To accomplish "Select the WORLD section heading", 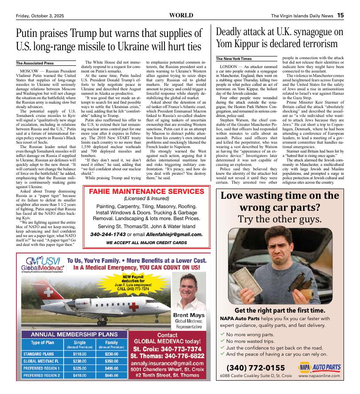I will [x=181, y=15].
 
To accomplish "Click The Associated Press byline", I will [x=35, y=63].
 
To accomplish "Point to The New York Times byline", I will [x=233, y=59].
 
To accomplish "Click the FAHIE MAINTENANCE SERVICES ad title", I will [x=146, y=192].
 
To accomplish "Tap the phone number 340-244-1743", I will [x=107, y=234].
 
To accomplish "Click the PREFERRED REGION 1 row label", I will [x=41, y=368].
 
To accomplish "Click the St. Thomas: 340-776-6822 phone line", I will [x=167, y=356].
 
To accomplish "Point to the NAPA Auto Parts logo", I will [x=320, y=367].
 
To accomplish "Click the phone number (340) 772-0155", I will [x=256, y=367].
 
